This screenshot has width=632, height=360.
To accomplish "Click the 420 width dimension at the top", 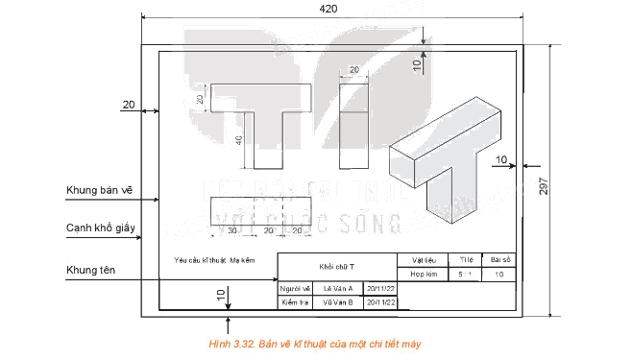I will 330,9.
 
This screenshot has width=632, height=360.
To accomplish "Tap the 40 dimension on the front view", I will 238,140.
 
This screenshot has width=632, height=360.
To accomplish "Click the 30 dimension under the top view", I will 231,231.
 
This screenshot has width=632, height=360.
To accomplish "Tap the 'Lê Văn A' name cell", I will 337,287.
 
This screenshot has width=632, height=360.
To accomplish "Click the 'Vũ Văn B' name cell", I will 337,301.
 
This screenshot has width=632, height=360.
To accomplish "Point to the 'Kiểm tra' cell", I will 293,301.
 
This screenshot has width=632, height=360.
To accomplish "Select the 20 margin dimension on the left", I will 130,103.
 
